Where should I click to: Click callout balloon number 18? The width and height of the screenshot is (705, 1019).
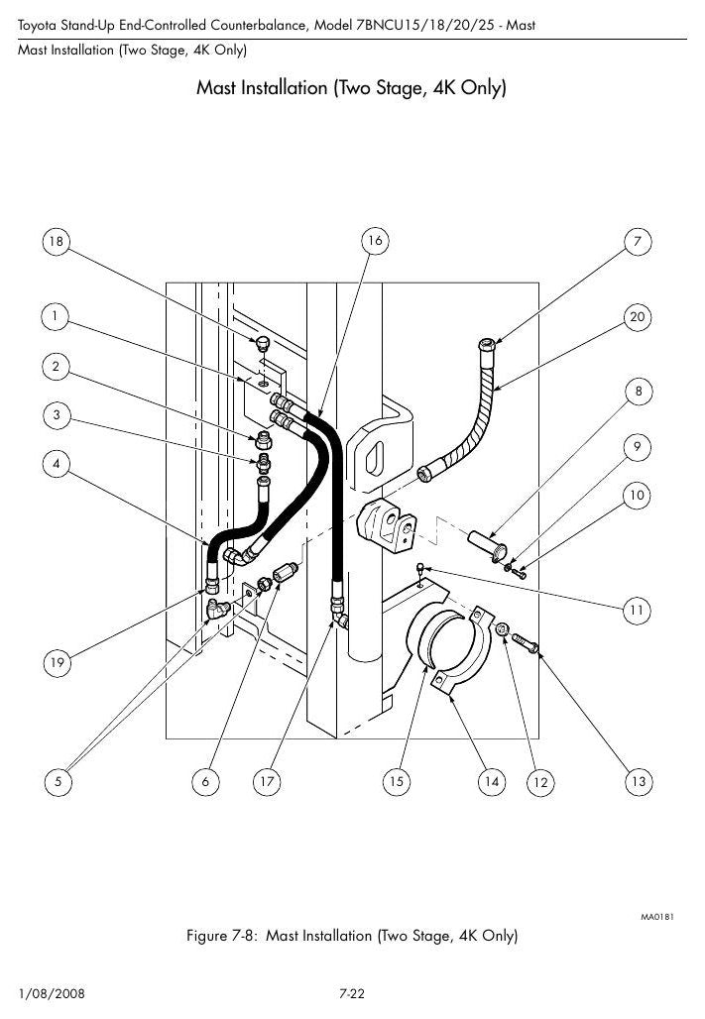point(57,242)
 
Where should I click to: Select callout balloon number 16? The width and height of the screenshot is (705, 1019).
point(375,241)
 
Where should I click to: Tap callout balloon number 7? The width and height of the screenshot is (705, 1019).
point(638,242)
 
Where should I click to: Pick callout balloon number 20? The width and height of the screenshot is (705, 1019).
point(638,317)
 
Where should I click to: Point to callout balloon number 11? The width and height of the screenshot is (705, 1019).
point(637,611)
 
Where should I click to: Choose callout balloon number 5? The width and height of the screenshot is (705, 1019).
point(58,781)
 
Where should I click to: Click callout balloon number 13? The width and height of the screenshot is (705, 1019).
point(639,781)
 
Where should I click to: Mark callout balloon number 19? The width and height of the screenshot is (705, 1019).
point(58,662)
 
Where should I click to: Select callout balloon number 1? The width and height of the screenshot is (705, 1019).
point(56,316)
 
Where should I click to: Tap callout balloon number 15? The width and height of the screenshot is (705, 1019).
point(396,781)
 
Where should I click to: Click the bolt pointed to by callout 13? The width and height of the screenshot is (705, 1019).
point(526,643)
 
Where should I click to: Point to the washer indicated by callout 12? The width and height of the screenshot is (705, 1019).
point(502,629)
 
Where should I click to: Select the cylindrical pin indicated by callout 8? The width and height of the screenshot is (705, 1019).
point(489,545)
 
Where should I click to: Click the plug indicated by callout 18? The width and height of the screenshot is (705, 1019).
point(262,344)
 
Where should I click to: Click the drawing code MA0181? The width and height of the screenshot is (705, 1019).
point(656,917)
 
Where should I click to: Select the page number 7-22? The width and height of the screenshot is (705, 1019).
point(352,993)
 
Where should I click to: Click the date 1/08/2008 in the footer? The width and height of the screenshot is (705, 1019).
point(52,993)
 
